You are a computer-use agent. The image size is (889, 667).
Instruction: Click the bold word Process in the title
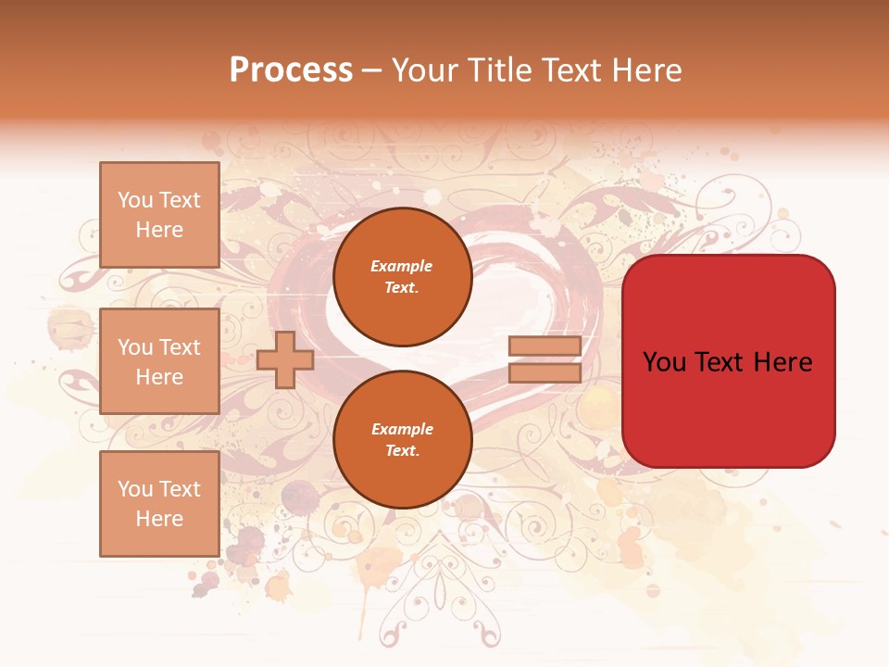tap(291, 70)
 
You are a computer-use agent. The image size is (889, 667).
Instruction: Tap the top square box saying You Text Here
tap(159, 215)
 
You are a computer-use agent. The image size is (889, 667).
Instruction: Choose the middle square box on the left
tap(159, 361)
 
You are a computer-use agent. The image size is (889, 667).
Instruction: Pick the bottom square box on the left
tap(159, 504)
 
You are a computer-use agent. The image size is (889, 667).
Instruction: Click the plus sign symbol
tap(285, 359)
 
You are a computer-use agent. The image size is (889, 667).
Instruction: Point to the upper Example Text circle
tap(402, 277)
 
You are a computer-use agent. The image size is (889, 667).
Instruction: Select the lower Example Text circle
tap(402, 440)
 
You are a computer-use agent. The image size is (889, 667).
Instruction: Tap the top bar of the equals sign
tap(545, 346)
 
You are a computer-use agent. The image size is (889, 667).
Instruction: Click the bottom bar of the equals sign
tap(545, 373)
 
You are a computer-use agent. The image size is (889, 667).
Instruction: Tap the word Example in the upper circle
tap(402, 267)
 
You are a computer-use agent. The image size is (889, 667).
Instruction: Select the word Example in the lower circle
tap(402, 430)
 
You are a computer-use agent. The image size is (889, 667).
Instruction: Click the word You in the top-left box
tap(135, 200)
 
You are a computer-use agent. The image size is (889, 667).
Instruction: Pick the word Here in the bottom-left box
tap(159, 519)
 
